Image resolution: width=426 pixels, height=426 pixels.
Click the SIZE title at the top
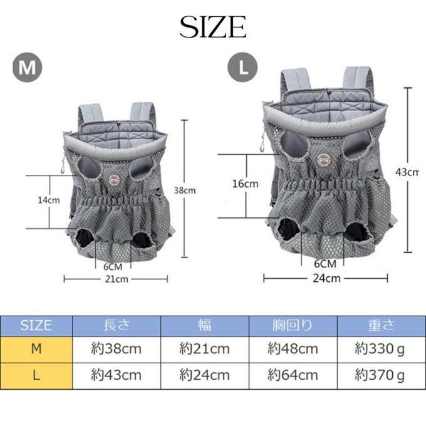click(x=213, y=26)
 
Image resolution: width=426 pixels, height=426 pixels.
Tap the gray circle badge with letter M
click(x=28, y=68)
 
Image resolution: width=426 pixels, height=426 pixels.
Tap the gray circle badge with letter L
click(x=242, y=67)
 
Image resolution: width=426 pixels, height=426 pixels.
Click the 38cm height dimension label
click(x=185, y=190)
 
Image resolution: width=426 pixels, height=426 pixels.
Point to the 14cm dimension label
click(x=49, y=200)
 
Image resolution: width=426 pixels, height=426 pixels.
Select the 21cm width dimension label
click(x=117, y=279)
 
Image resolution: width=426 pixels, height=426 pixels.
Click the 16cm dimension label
click(x=246, y=184)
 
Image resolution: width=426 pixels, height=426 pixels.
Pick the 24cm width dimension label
click(x=326, y=278)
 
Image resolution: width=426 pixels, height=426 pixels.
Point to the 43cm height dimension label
click(x=407, y=172)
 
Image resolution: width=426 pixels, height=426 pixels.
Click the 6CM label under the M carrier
click(x=113, y=267)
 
